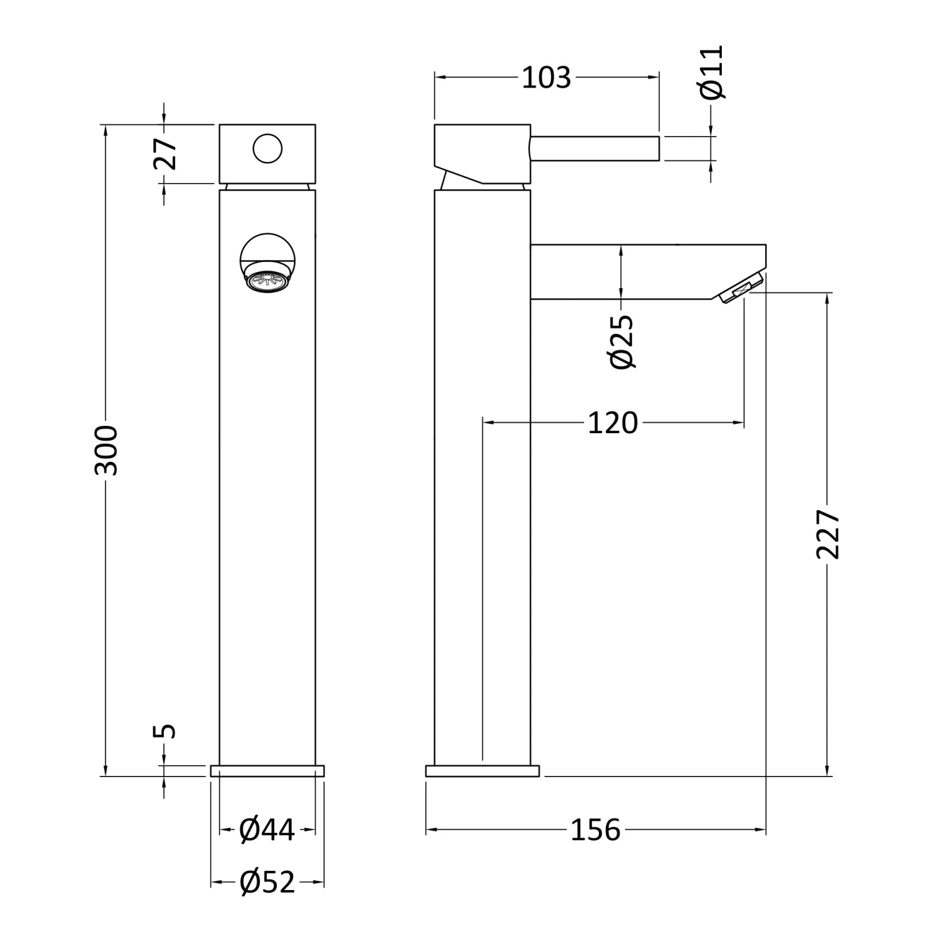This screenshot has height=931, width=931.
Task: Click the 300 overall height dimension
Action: [x=106, y=450]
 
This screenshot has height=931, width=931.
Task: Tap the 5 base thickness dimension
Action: [x=165, y=731]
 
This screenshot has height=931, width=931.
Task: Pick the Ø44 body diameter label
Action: [x=268, y=830]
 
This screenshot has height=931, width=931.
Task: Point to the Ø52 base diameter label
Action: [x=268, y=882]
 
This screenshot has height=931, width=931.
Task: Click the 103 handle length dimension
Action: [x=546, y=78]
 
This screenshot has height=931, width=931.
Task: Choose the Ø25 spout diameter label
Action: [x=623, y=342]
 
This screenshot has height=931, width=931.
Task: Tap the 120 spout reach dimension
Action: [x=613, y=423]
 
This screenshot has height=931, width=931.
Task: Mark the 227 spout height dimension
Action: [x=828, y=534]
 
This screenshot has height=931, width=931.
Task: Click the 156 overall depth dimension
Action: [x=595, y=830]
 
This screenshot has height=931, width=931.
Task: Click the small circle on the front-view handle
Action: [x=268, y=149]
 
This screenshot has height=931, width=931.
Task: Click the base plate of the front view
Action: [x=268, y=771]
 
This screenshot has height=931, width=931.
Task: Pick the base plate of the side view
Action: [x=482, y=771]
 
